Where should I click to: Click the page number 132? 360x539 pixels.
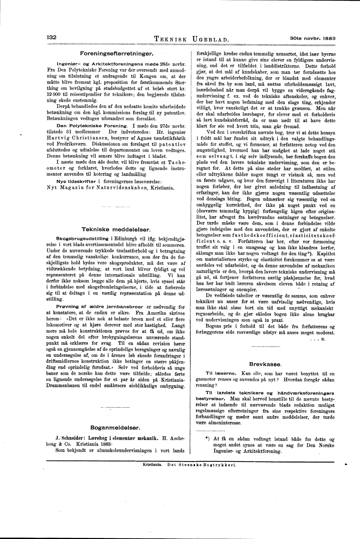point(52,37)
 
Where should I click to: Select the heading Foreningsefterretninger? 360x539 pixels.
point(116,54)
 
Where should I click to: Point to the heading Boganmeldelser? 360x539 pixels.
point(115,427)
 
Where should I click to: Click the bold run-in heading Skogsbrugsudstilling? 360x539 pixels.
point(78,238)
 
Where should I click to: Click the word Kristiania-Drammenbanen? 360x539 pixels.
point(162,380)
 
